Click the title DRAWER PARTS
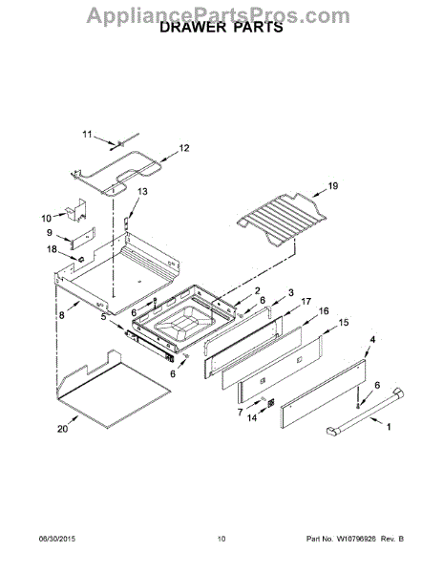(x=221, y=27)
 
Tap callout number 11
(x=87, y=135)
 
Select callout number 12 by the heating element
(x=184, y=148)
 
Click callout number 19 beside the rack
(x=332, y=186)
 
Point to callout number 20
(x=62, y=428)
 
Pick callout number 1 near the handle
(x=389, y=427)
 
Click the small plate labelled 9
(x=82, y=238)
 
